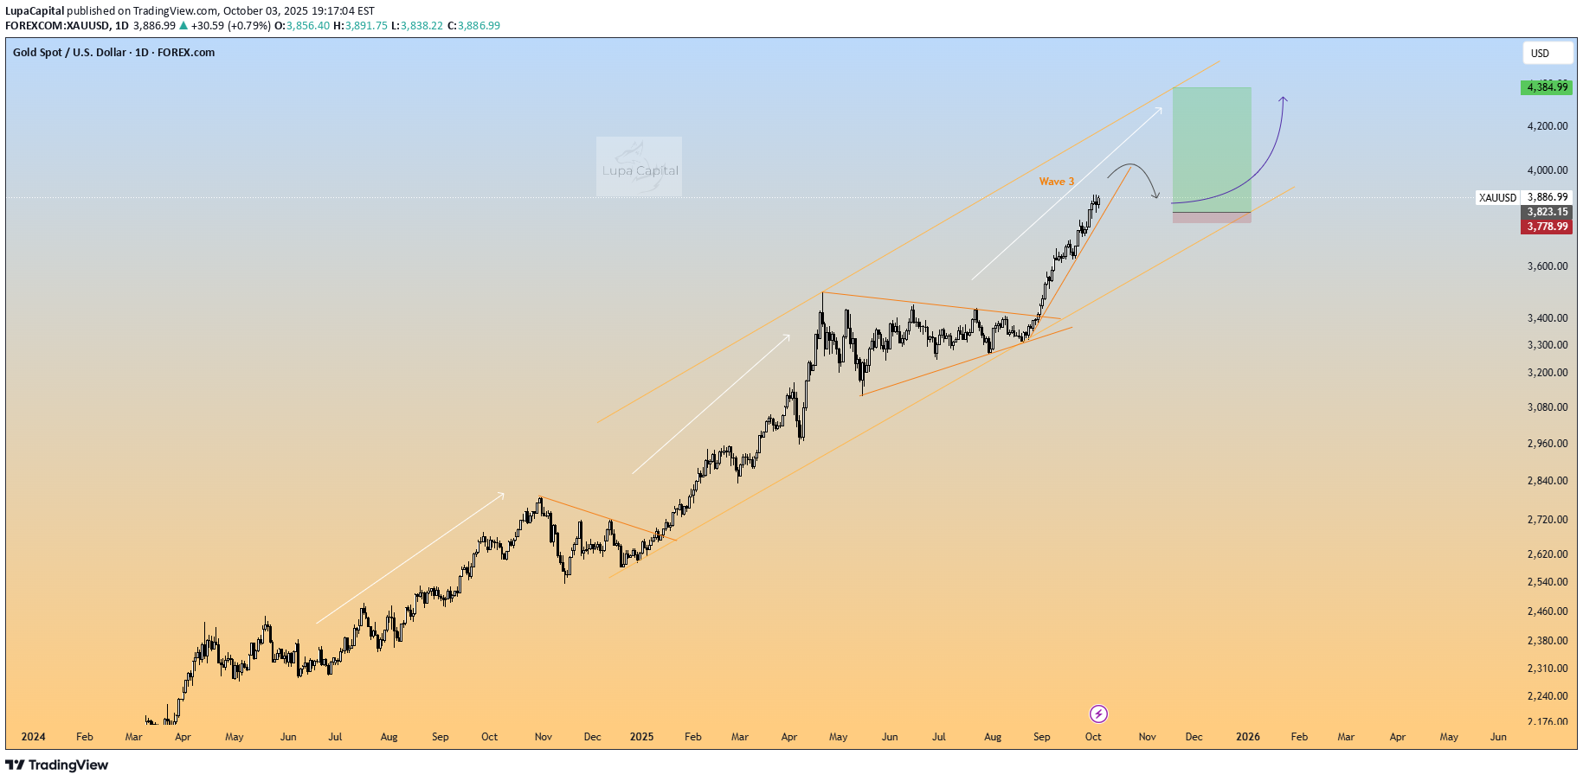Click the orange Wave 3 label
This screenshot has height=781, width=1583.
tap(1056, 182)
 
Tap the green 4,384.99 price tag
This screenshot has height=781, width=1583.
tap(1546, 87)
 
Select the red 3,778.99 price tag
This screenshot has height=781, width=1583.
tap(1546, 227)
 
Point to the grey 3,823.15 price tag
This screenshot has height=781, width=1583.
tap(1546, 212)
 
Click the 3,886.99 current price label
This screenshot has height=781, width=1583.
tap(1547, 197)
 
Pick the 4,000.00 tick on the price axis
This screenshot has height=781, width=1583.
tap(1547, 170)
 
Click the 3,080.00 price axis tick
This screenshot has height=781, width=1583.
tap(1547, 407)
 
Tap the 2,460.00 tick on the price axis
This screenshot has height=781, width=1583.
tap(1547, 611)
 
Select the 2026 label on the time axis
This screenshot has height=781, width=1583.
tap(1247, 737)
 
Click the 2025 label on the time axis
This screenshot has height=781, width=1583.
tap(641, 737)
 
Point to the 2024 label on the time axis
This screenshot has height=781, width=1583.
tap(33, 737)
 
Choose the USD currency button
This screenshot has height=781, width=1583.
tap(1547, 54)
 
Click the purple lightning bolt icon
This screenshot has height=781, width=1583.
tap(1098, 714)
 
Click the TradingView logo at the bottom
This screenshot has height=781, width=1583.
tap(57, 765)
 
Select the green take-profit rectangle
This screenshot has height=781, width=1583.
tap(1211, 147)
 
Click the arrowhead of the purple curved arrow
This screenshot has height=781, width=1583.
tap(1284, 99)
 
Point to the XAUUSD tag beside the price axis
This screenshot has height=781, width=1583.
tap(1497, 198)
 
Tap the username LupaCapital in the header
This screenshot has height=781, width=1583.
tap(35, 11)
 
